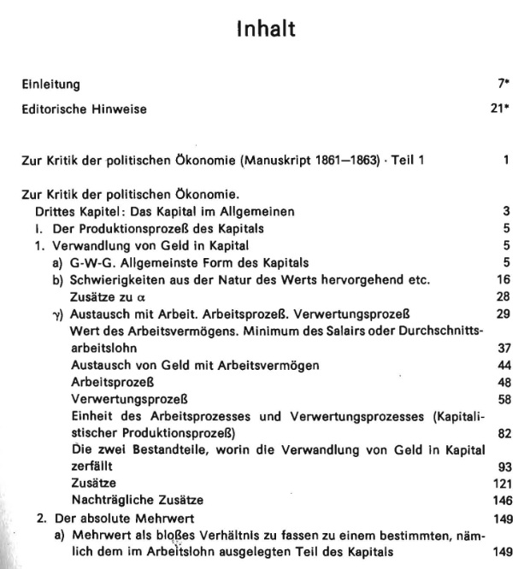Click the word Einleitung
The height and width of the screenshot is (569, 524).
50,85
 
